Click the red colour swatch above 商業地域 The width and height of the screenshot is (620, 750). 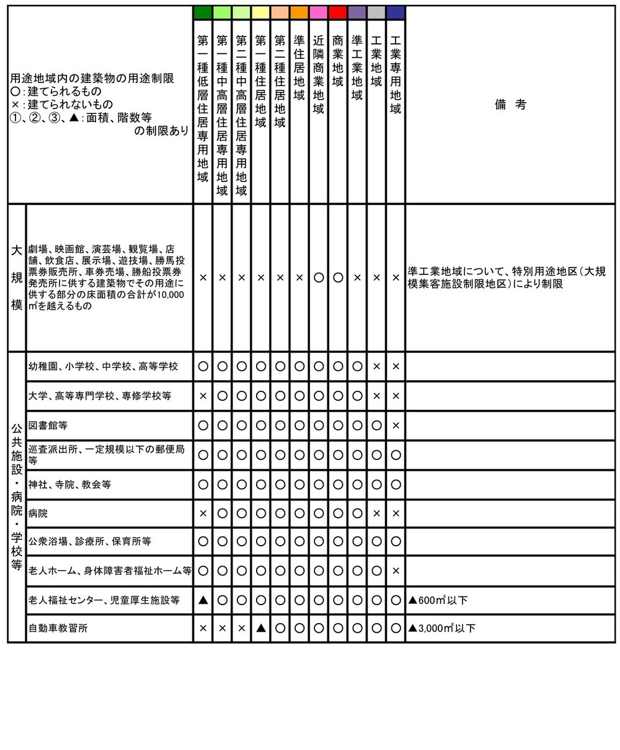click(x=337, y=12)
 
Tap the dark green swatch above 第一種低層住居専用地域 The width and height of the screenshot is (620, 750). click(x=203, y=12)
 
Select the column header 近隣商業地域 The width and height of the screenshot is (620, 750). click(x=319, y=74)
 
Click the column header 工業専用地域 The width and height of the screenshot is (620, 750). click(x=396, y=74)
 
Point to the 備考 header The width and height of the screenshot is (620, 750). click(x=510, y=105)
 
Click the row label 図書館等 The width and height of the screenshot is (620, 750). click(x=48, y=425)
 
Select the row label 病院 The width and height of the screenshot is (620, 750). click(x=38, y=513)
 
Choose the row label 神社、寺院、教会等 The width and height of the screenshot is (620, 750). click(x=69, y=484)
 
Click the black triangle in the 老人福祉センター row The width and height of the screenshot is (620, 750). click(x=203, y=600)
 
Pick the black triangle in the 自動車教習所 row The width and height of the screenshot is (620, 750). click(x=260, y=628)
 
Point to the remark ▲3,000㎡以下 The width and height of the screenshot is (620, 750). click(x=442, y=628)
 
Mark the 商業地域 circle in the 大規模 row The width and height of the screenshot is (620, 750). click(x=337, y=278)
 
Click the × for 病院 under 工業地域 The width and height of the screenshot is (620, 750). click(x=376, y=513)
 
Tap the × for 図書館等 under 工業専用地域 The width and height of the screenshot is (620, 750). click(x=396, y=425)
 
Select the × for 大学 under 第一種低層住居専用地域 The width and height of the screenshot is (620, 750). click(x=203, y=396)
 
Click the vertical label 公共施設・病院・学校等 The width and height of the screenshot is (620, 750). click(x=17, y=497)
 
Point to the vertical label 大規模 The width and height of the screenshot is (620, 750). click(x=17, y=278)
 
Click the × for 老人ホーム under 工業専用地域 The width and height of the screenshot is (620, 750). click(x=396, y=570)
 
